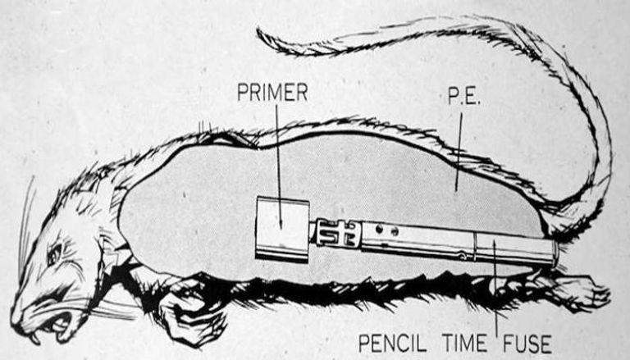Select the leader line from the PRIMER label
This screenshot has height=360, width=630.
click(276, 156)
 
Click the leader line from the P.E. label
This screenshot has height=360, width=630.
click(456, 144)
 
